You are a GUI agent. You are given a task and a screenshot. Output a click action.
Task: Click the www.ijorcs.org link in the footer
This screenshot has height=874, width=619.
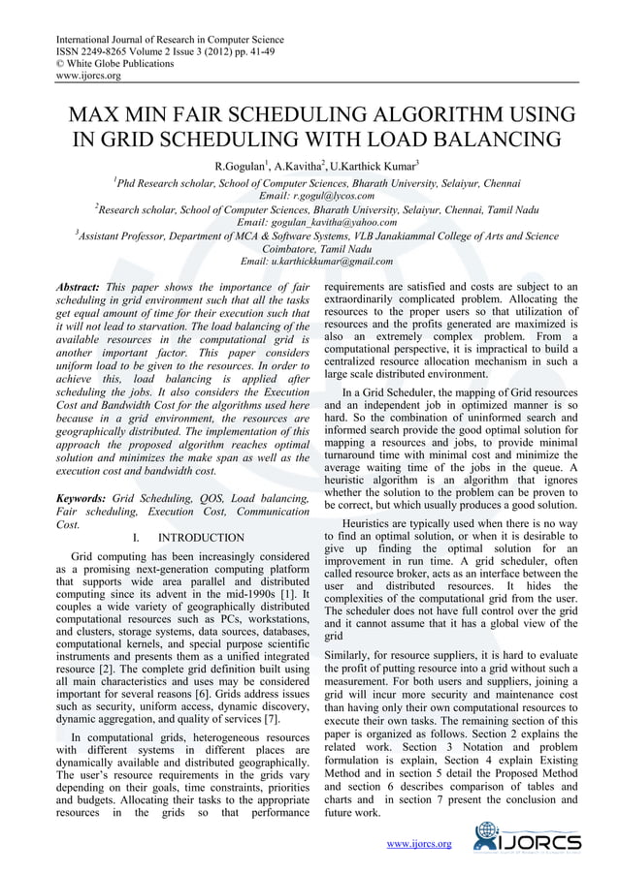tap(419, 844)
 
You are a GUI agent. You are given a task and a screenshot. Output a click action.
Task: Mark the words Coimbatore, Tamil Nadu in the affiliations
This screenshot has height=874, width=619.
tap(310, 248)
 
